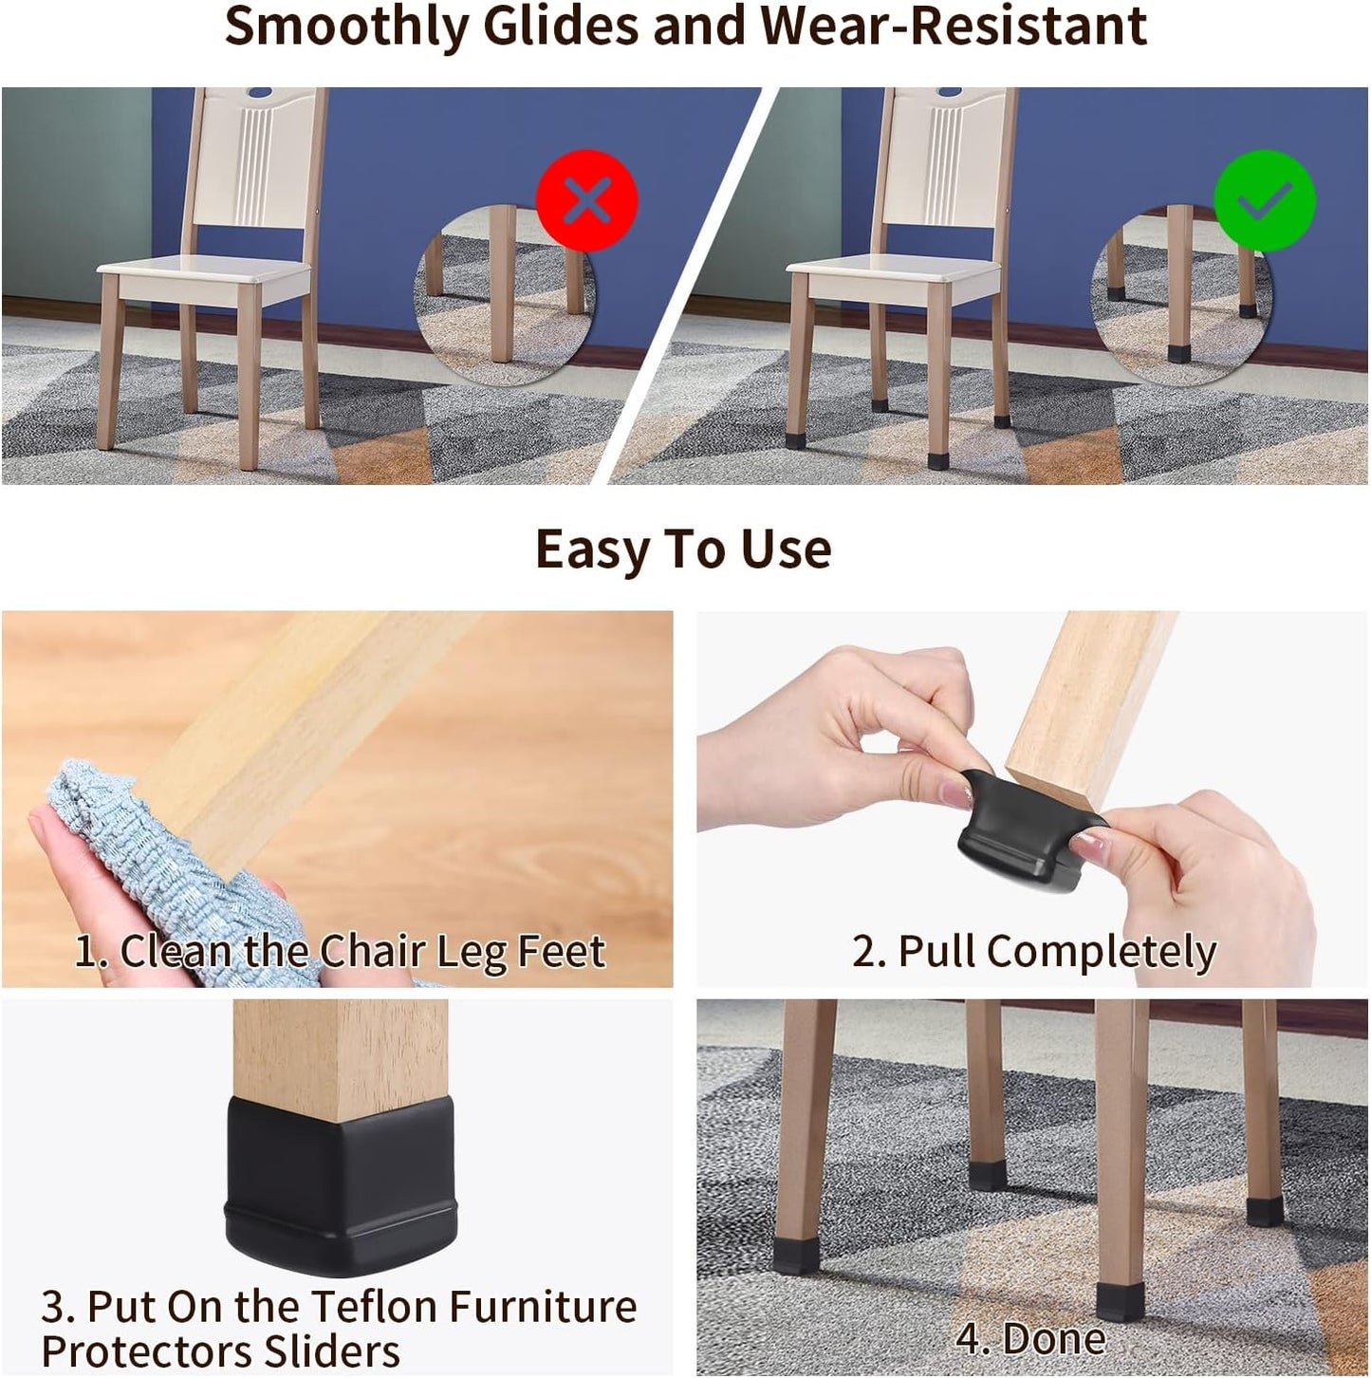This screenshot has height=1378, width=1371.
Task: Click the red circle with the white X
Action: point(586,200)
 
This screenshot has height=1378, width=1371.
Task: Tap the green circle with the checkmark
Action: point(1265,200)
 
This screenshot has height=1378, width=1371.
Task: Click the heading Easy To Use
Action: point(683,549)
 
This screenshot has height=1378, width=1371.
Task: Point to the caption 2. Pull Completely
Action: point(1034,951)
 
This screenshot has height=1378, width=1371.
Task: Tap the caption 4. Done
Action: point(1030,1339)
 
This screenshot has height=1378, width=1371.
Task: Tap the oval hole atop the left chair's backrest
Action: point(258,93)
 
